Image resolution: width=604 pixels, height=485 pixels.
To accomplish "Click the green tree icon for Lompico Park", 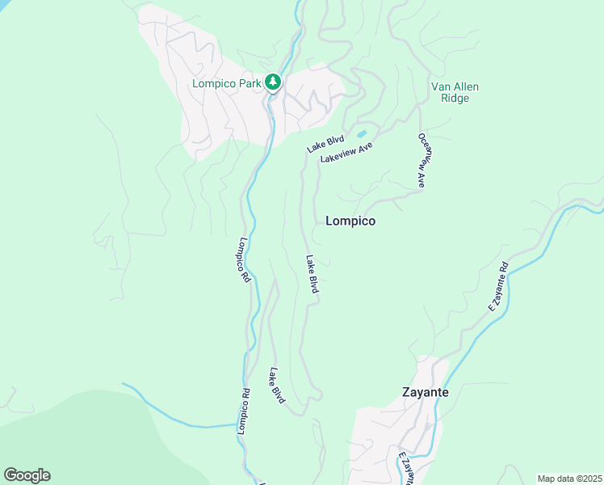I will [x=273, y=82].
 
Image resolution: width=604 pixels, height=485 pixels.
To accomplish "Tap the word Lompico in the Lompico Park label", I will [x=214, y=82].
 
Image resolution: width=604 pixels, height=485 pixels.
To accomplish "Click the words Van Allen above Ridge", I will [x=451, y=86].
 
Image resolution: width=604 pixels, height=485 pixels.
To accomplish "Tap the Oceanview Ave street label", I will [x=422, y=161].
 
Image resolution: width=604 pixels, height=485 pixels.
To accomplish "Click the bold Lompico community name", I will [x=350, y=220].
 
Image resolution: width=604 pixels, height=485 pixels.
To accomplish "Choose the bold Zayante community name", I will [x=425, y=393].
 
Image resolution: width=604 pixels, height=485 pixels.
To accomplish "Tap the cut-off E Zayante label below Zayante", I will [x=406, y=467].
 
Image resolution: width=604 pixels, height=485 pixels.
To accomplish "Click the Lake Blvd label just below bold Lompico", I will [x=312, y=274].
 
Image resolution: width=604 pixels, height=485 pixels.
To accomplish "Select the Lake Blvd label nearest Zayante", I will [x=277, y=386].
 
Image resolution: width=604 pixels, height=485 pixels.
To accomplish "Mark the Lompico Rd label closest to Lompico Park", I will [x=245, y=259].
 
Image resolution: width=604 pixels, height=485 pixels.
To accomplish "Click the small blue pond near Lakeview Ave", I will [x=361, y=134].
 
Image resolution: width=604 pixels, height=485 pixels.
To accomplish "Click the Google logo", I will [x=27, y=475].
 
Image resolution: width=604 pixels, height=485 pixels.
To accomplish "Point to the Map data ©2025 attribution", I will [x=570, y=478].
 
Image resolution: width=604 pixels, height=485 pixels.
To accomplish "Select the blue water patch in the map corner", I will [x=4, y=4].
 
